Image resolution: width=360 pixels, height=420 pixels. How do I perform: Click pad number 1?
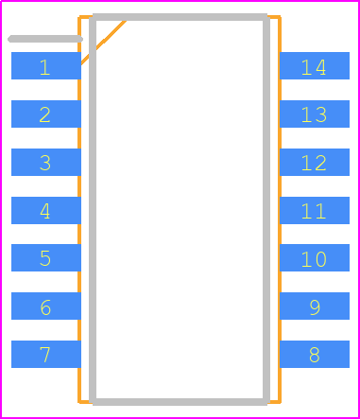(x=45, y=66)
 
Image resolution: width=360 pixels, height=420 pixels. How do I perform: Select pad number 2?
(x=45, y=114)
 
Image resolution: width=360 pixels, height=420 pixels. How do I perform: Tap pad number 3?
(x=45, y=163)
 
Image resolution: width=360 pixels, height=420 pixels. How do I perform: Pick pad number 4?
(x=45, y=210)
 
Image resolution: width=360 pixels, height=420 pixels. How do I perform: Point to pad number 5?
(x=45, y=258)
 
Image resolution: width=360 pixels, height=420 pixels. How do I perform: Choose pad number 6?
(x=45, y=306)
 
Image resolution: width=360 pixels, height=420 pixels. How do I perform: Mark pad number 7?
(x=45, y=355)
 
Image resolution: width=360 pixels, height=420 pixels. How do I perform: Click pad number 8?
(x=315, y=355)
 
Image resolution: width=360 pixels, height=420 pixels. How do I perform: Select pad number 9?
(x=315, y=306)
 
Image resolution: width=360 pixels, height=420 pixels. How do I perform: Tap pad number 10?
(x=315, y=258)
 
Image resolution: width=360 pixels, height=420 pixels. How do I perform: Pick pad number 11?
(x=315, y=210)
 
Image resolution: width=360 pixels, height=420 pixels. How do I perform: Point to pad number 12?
(x=315, y=163)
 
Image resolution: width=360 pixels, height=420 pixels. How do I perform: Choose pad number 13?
(x=315, y=114)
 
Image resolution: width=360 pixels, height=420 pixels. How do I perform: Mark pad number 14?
(x=315, y=66)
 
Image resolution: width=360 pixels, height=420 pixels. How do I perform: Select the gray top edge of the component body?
(x=180, y=17)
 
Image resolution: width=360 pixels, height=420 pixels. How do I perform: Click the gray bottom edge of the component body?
(x=180, y=402)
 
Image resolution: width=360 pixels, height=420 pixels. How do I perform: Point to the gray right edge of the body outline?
(x=266, y=208)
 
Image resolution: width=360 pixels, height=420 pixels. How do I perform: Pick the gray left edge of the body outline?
(x=93, y=208)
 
